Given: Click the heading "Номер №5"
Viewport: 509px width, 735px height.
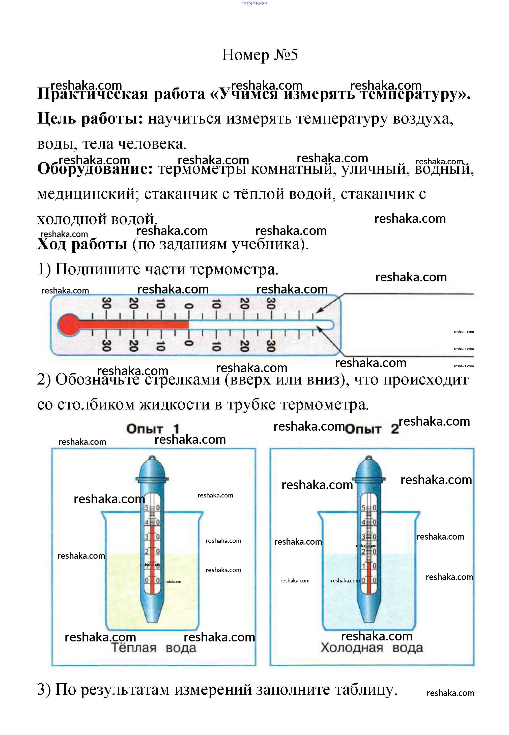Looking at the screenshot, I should pos(260,55).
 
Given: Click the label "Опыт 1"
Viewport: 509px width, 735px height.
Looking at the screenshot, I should pos(153,429).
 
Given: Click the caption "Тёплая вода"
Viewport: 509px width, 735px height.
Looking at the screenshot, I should pos(153,648).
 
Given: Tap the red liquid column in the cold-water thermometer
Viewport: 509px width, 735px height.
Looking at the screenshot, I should pos(369,578).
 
